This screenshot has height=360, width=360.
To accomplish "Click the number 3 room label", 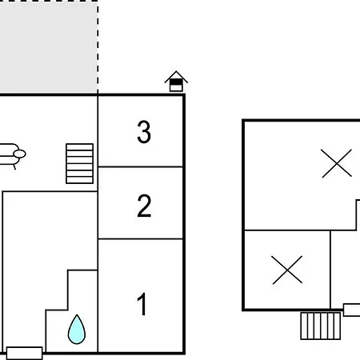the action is [144, 132].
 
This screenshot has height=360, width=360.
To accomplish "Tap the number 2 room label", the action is [144, 206].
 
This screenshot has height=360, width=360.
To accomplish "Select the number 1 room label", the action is [142, 304].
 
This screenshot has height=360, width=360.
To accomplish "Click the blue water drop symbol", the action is [77, 330].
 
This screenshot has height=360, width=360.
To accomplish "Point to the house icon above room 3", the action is [176, 82].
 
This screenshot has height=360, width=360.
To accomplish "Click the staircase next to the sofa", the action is [79, 163].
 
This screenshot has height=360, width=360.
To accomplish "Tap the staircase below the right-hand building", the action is [321, 326].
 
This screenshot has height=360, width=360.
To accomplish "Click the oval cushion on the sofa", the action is [19, 154].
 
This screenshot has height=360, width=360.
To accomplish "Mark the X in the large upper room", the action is [337, 163].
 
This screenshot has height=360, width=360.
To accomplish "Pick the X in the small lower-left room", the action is [287, 270].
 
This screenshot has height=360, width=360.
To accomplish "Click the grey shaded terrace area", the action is [49, 46].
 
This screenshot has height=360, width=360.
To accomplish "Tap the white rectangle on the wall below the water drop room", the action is [24, 353].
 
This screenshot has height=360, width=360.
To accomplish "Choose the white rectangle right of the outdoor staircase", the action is [352, 310].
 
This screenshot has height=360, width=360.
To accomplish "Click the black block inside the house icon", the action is [176, 82].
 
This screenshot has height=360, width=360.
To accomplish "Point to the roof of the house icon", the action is [176, 77].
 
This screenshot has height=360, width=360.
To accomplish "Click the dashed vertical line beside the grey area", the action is [98, 46].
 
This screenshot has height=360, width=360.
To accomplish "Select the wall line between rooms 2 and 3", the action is [140, 166].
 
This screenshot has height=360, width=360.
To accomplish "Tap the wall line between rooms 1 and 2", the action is [140, 239].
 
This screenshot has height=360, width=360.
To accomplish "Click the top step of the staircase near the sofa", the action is [79, 147].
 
